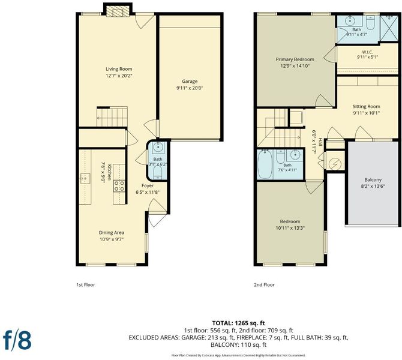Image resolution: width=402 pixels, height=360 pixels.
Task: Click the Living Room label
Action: pos(119,69)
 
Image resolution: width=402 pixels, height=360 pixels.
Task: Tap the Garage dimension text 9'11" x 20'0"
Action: pos(190,88)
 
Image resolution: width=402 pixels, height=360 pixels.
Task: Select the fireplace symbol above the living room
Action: pos(118,11)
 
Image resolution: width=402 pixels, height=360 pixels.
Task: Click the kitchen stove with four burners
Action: pos(119,186)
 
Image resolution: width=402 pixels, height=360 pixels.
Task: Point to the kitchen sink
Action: pos(85,178)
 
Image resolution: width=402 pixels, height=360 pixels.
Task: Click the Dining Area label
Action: pos(112,233)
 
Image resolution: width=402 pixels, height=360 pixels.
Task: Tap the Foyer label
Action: pos(148,185)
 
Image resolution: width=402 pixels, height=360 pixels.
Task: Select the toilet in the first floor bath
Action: pos(157,173)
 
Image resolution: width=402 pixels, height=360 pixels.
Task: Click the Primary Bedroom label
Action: pos(295,59)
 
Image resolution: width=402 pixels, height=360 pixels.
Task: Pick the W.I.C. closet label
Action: pos(367,52)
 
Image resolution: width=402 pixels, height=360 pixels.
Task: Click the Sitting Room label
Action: pos(366,106)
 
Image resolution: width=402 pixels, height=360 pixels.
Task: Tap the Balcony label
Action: pos(373,180)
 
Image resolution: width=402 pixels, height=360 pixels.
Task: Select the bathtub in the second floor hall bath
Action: pos(265,164)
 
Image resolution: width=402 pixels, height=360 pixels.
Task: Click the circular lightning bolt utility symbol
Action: pos(335,164)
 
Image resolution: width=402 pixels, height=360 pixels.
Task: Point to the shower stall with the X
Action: pos(389,28)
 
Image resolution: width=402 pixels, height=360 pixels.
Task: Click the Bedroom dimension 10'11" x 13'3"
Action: pos(290,228)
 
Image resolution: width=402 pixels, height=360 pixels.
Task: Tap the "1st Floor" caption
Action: pos(86,285)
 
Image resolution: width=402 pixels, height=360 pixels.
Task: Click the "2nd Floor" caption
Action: pos(264,285)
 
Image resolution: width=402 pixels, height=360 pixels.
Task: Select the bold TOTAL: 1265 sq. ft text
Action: pos(238,323)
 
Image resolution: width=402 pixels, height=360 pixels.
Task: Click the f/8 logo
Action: pos(17,340)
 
